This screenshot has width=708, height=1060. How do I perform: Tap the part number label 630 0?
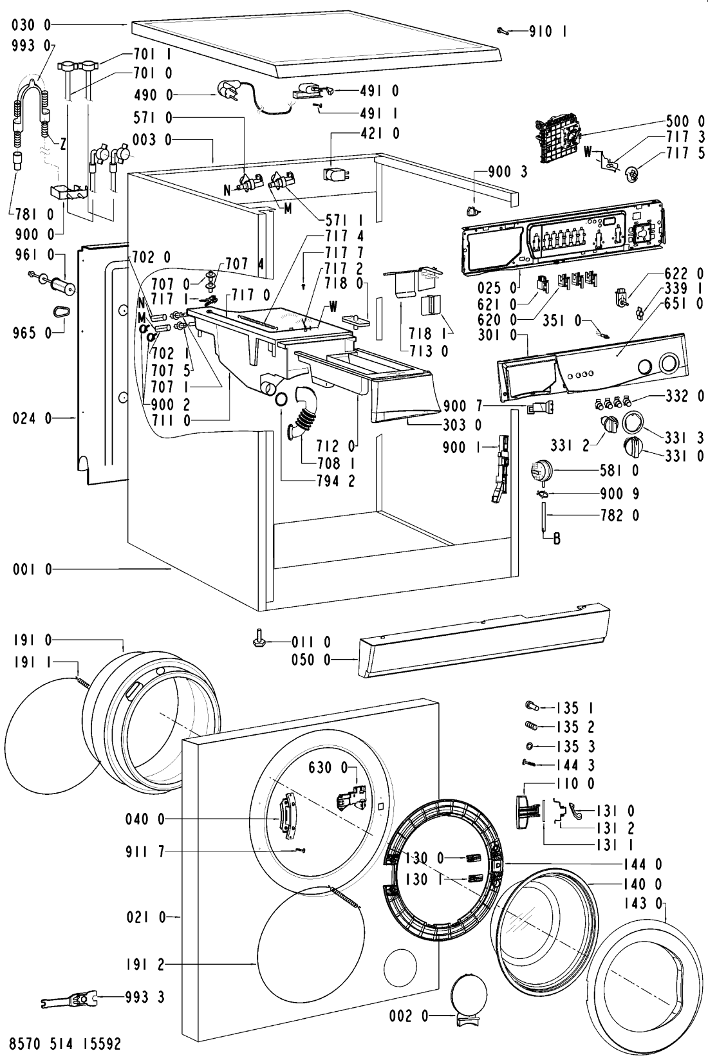(x=328, y=767)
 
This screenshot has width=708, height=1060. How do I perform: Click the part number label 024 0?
(x=32, y=418)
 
